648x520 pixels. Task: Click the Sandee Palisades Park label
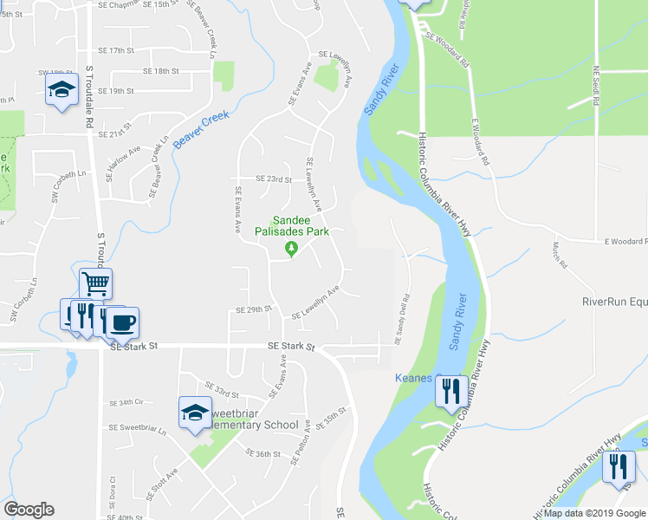[292, 226]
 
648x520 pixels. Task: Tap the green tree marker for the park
[292, 250]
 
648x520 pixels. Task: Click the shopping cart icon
[95, 282]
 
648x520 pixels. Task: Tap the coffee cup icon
[122, 323]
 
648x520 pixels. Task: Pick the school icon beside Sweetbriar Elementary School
[195, 412]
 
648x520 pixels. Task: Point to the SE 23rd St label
[274, 179]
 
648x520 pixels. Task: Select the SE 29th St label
[254, 309]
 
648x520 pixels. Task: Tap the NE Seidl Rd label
[596, 86]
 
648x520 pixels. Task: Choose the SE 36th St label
[262, 454]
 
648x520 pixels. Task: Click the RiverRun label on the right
[614, 302]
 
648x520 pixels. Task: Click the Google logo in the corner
[29, 510]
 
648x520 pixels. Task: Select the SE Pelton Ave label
[300, 452]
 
